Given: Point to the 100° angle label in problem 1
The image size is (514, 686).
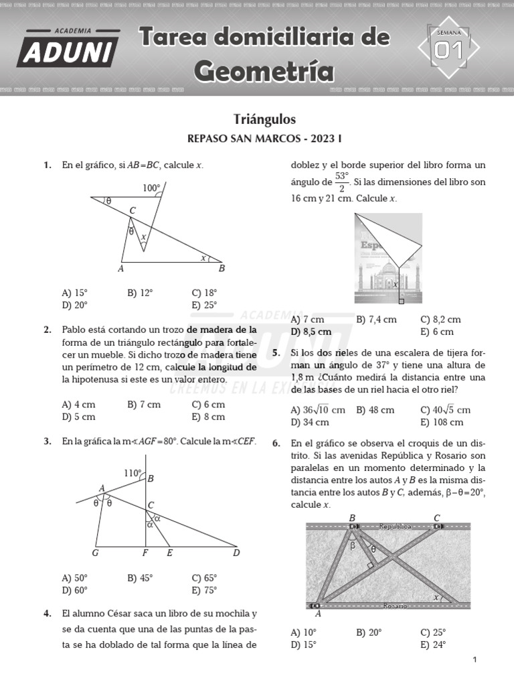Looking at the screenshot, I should point(152,188).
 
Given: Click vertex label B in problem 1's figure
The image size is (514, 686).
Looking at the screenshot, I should point(222,269).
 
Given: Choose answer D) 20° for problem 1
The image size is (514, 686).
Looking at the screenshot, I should point(74,305).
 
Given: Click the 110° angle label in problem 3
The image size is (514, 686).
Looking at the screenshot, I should point(133,474).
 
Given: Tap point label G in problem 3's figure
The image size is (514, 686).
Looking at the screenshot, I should point(95,553).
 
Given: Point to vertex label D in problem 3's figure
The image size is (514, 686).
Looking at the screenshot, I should point(236,553).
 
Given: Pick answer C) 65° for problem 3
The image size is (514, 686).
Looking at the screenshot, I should point(204,577).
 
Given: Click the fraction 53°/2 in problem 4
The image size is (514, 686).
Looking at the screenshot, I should point(342,182).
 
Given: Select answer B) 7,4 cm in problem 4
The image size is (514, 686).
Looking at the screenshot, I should point(376,320).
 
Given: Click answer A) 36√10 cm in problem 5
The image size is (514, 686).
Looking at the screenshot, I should point(318,409).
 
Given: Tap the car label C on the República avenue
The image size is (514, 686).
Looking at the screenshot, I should point(437,517).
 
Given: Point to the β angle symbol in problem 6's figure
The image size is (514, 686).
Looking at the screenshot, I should point(353,545).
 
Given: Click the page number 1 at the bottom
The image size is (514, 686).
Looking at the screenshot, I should point(475,660).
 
